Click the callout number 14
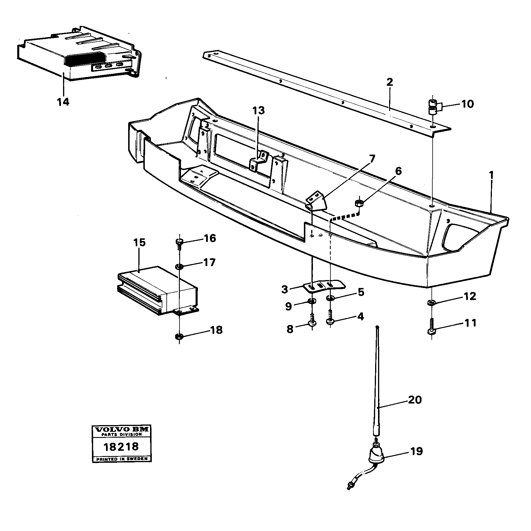(x=63, y=102)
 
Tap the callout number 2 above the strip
(x=389, y=82)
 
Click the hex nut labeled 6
(x=359, y=203)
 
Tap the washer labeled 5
(x=330, y=298)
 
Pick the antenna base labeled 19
(x=377, y=458)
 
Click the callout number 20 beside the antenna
(x=415, y=399)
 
